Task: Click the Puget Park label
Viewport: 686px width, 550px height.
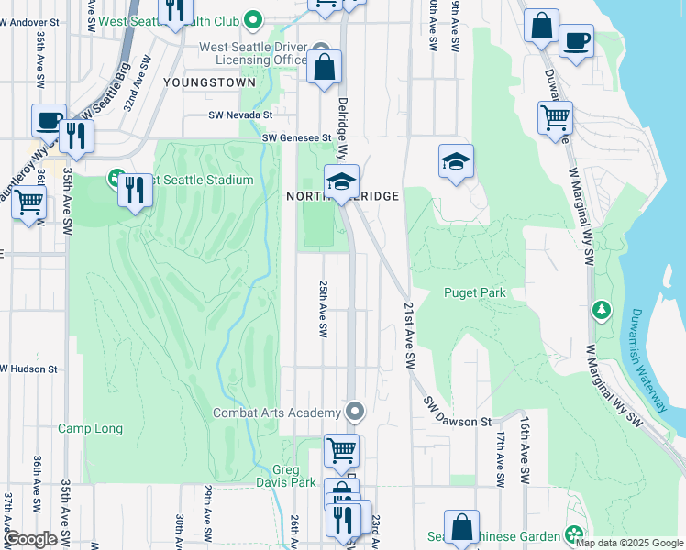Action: click(474, 293)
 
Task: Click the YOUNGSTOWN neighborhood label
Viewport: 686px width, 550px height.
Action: click(208, 82)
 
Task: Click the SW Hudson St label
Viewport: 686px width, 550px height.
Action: click(29, 369)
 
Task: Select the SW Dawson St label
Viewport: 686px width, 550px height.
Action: click(458, 412)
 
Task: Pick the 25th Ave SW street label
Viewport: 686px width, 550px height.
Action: click(323, 307)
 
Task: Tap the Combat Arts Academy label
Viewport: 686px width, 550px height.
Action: click(278, 412)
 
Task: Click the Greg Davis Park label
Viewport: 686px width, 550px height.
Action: click(295, 476)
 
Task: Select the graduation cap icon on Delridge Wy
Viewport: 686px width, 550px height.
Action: click(340, 181)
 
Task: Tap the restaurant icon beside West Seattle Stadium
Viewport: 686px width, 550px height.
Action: click(135, 190)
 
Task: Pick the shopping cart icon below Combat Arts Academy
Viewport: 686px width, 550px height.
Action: click(341, 450)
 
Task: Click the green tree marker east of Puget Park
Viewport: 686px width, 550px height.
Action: click(601, 310)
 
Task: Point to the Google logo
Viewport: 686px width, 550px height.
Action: click(30, 539)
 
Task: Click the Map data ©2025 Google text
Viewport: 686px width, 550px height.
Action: click(629, 543)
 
